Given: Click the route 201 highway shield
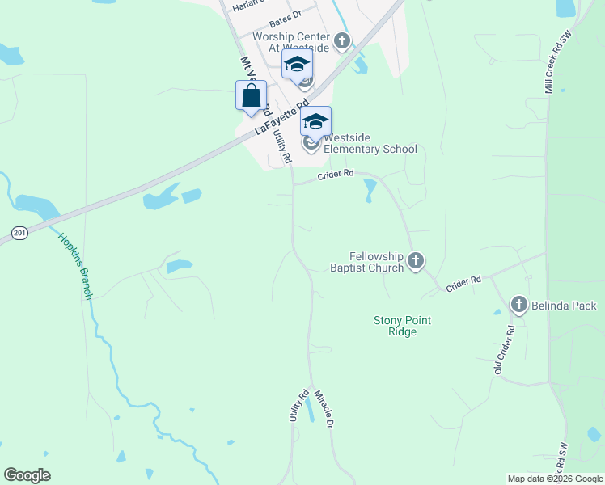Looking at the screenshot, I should (x=20, y=233).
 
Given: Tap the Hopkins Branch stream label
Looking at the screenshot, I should (x=75, y=266).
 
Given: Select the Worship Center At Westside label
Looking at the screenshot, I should (x=291, y=42).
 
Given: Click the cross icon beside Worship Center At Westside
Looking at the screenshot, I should (x=342, y=40).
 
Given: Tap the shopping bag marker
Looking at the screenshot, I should (x=252, y=95).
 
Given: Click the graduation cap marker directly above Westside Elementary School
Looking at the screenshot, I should (x=315, y=121).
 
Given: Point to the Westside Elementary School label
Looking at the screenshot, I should (x=370, y=143).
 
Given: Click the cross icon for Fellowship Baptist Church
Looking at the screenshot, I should (x=416, y=260).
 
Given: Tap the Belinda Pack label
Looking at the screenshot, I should (x=565, y=306).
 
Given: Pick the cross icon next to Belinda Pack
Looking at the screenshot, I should (x=519, y=305).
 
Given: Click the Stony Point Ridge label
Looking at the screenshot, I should (x=402, y=326).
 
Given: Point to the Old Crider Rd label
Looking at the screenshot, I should (x=506, y=350).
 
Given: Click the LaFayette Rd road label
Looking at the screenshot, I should (x=281, y=117).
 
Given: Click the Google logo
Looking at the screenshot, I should (x=27, y=475).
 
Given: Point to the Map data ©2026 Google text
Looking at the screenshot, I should (x=555, y=479).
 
